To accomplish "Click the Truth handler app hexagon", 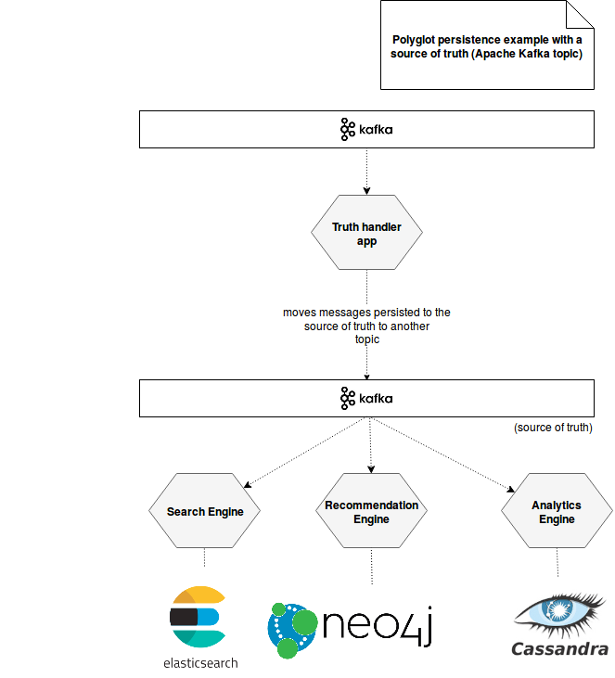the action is click(366, 232).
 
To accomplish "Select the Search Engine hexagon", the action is click(205, 511).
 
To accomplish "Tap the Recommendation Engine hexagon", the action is click(372, 511).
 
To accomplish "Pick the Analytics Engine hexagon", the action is click(557, 511).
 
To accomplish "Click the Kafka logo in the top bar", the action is click(366, 129).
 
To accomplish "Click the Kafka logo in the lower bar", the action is click(366, 398).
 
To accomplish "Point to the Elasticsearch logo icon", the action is click(198, 617).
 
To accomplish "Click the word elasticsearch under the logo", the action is click(200, 663).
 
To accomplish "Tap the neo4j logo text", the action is click(378, 626).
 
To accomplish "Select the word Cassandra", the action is click(560, 649).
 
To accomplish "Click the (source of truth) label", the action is click(553, 428).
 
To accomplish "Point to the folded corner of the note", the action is click(580, 15).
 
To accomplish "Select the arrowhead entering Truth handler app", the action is click(366, 191).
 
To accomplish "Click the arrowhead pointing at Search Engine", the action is click(248, 485).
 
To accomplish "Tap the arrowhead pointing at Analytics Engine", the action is click(511, 489).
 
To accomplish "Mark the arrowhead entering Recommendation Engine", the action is click(371, 469).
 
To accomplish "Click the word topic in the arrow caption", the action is click(367, 339).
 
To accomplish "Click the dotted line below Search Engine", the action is click(205, 557).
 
